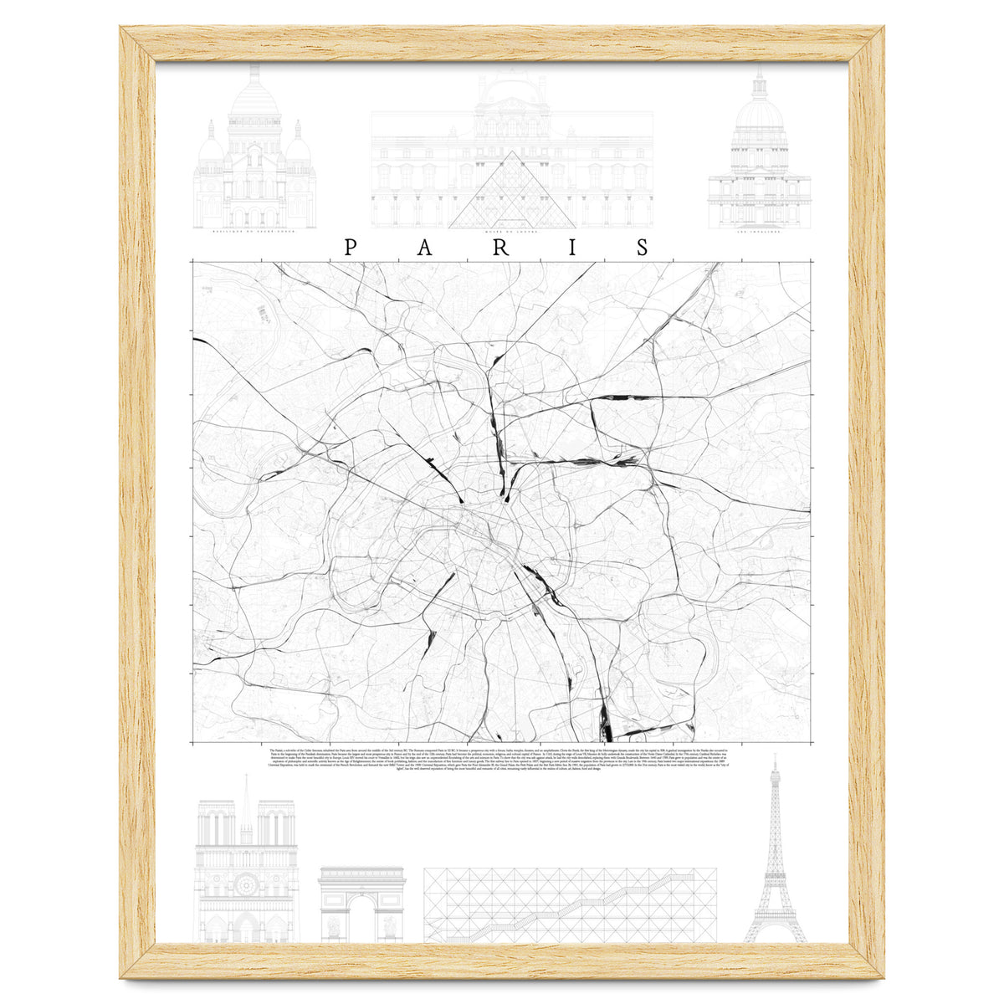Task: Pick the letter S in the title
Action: tap(643, 248)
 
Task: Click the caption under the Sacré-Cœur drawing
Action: tap(254, 233)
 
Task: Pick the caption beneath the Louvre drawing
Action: tap(511, 233)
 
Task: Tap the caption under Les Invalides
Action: tap(759, 233)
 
